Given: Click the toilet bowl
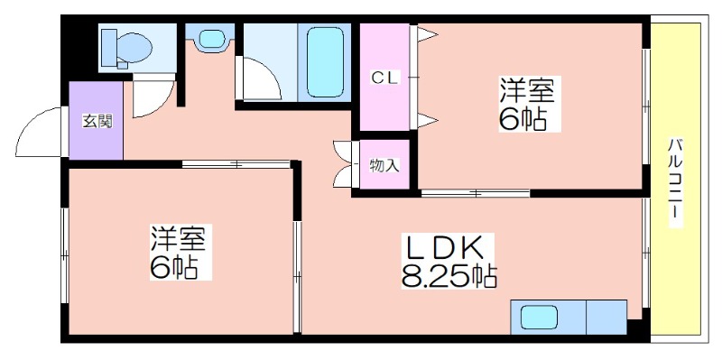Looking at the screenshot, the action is [x=134, y=48].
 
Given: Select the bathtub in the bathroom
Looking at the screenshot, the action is [x=325, y=61].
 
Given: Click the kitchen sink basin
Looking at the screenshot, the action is [x=539, y=318].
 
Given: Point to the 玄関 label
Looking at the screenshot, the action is [x=97, y=121].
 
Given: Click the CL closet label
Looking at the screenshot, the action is [x=385, y=78].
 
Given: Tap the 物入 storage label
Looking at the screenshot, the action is [x=384, y=166].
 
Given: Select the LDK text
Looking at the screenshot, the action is [x=443, y=248].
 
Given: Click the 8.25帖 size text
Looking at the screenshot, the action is [x=449, y=276].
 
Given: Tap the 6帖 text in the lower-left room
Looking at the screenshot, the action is [x=174, y=267].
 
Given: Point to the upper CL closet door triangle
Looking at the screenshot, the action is [x=426, y=35].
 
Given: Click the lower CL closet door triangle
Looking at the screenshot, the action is [x=426, y=121].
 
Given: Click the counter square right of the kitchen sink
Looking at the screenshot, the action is [x=606, y=318].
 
